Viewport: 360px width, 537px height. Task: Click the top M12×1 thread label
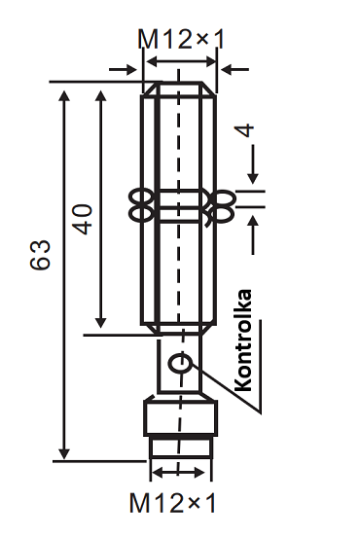coord(181,39)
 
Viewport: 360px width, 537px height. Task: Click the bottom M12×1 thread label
coord(172,503)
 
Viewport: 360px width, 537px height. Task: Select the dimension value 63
coord(41,255)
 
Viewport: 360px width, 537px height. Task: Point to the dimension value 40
coord(84,219)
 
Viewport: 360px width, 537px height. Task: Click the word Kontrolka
coord(244,340)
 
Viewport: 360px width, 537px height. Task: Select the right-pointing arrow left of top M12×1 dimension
coord(123,69)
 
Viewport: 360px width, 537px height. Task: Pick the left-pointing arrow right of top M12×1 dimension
coord(235,69)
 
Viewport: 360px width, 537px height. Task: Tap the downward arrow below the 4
coord(253,164)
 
